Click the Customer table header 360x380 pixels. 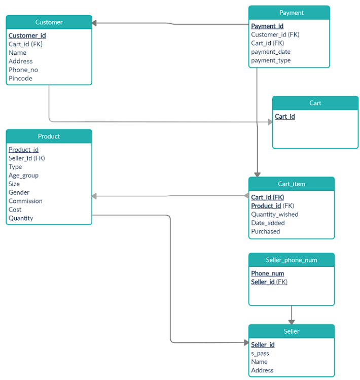tap(49, 22)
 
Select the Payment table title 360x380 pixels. tap(291, 13)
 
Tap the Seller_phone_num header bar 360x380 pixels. tap(291, 260)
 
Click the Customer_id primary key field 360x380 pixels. tap(27, 36)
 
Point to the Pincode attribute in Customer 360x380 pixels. tap(20, 79)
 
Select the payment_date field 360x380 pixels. tap(271, 52)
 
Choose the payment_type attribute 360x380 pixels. tap(271, 60)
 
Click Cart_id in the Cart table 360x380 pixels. tap(285, 117)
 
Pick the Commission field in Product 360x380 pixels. tap(25, 201)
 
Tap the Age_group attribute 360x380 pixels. tap(23, 176)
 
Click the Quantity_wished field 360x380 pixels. tap(275, 214)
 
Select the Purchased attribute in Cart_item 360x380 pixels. tap(265, 231)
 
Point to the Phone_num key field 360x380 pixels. tap(268, 273)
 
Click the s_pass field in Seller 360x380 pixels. tap(260, 354)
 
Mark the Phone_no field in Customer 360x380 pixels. tap(23, 70)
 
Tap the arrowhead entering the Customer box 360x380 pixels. tap(95, 23)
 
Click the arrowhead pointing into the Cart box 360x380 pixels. tap(270, 122)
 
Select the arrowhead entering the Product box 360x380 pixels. tap(95, 196)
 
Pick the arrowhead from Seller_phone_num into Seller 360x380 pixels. tap(292, 322)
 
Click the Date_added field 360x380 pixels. tap(268, 223)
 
